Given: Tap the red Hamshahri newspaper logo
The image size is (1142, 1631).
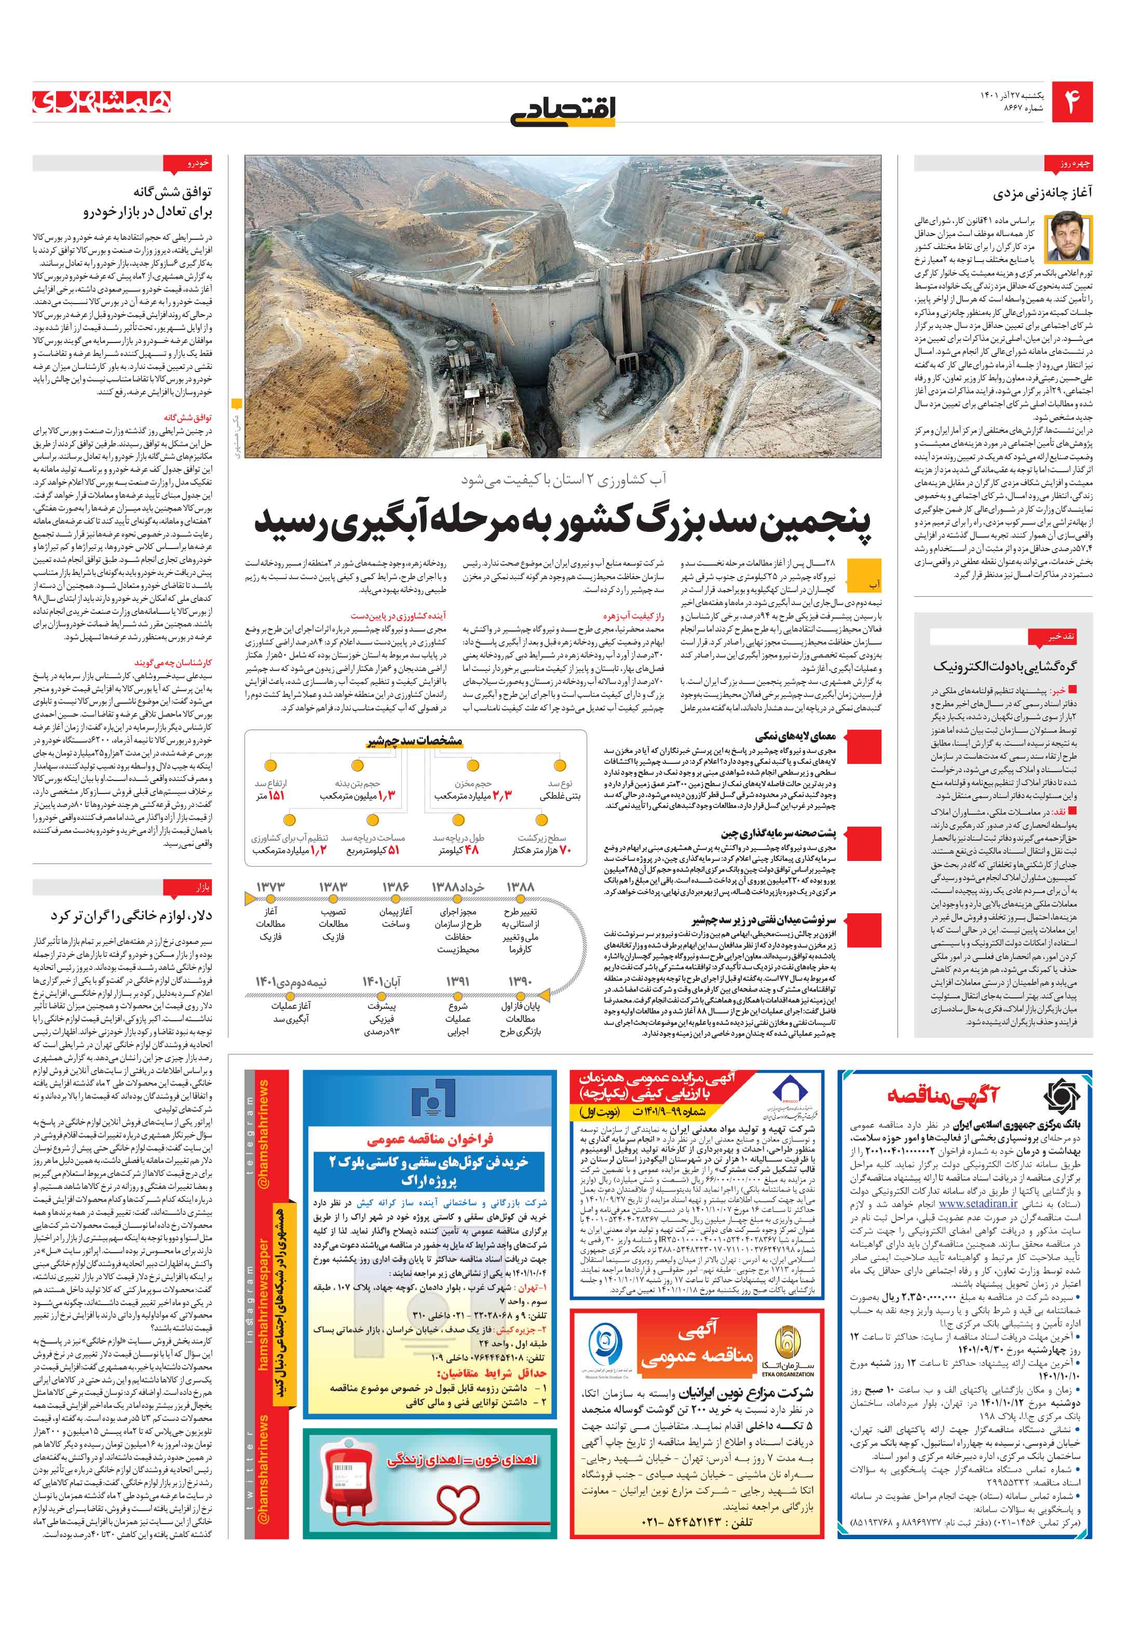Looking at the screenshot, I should click(x=102, y=102).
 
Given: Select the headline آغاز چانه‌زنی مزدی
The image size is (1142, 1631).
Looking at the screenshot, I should click(x=1042, y=193).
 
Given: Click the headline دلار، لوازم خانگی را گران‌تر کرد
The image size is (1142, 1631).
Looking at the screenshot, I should click(x=131, y=916).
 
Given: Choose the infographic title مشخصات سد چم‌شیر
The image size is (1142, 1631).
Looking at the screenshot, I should click(x=414, y=741).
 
